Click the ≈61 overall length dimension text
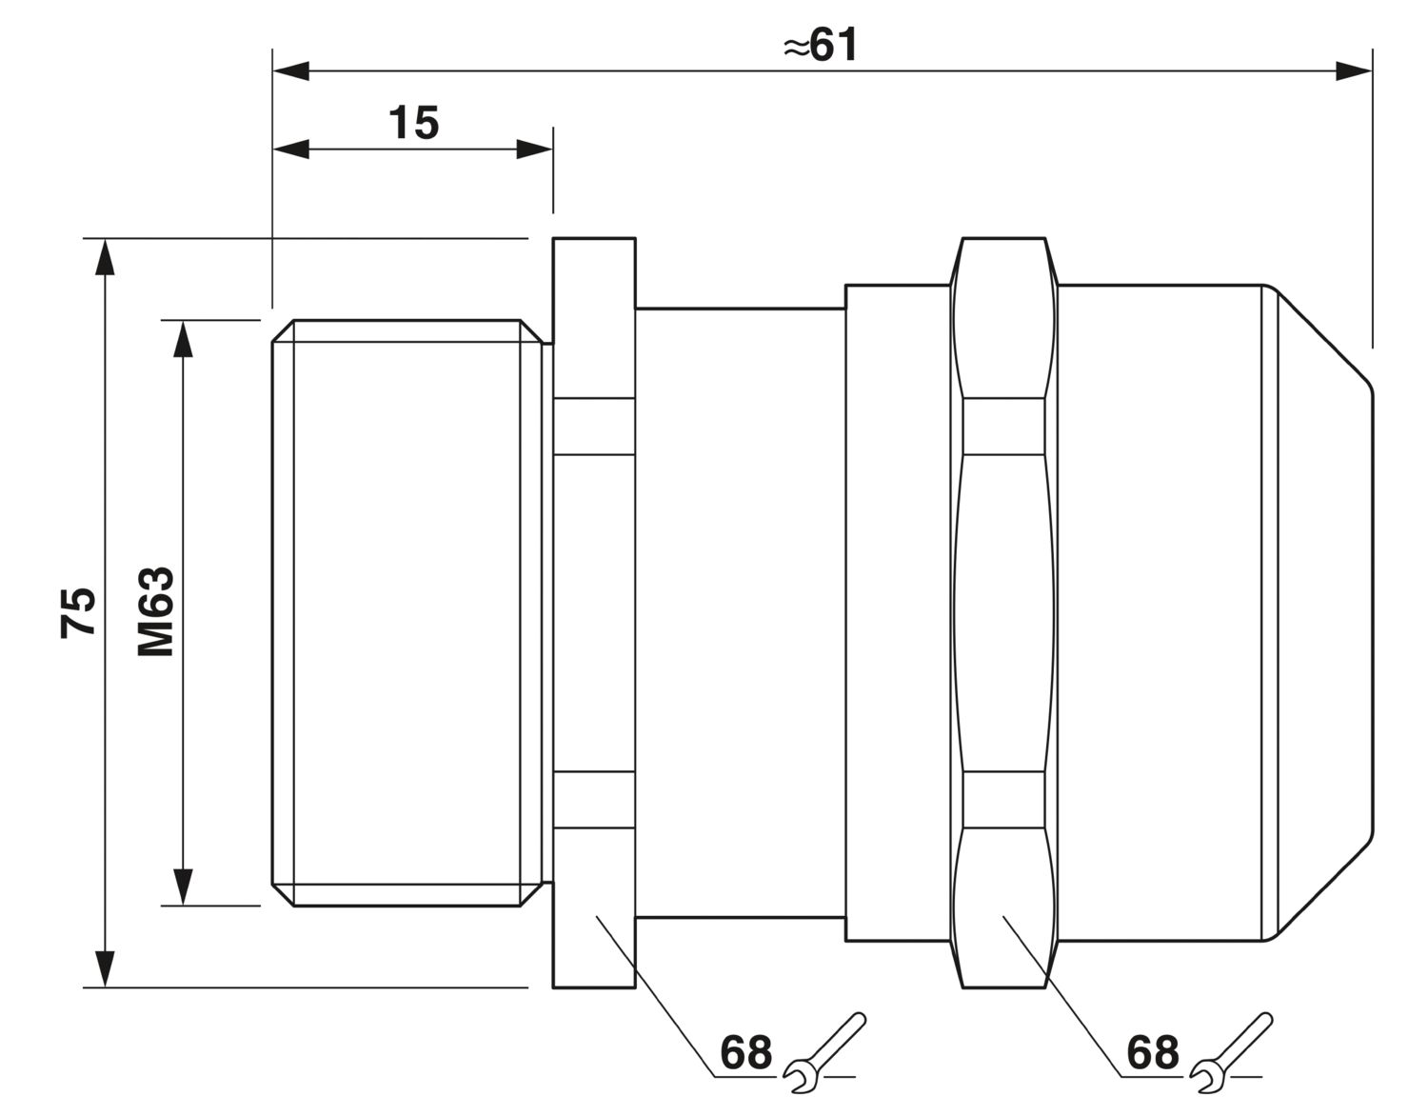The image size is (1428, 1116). (821, 46)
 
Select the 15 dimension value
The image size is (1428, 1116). (413, 123)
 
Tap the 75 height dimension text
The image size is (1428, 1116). (78, 612)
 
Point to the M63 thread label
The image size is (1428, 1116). (156, 611)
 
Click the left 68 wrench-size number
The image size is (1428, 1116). (745, 1051)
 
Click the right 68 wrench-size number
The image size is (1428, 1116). (1153, 1051)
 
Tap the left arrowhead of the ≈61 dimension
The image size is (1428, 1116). (290, 71)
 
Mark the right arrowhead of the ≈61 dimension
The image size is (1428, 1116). (1354, 71)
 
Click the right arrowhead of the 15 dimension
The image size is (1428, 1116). (534, 149)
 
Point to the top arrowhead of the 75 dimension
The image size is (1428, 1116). (105, 257)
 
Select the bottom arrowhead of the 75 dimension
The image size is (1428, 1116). (105, 968)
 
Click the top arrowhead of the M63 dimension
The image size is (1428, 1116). (183, 339)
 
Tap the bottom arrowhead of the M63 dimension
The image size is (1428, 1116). (183, 887)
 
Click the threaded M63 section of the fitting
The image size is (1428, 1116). (407, 613)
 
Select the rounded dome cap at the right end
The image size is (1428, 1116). (1318, 612)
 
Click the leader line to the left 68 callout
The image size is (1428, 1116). (656, 996)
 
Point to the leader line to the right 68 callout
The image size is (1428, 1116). (1062, 996)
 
